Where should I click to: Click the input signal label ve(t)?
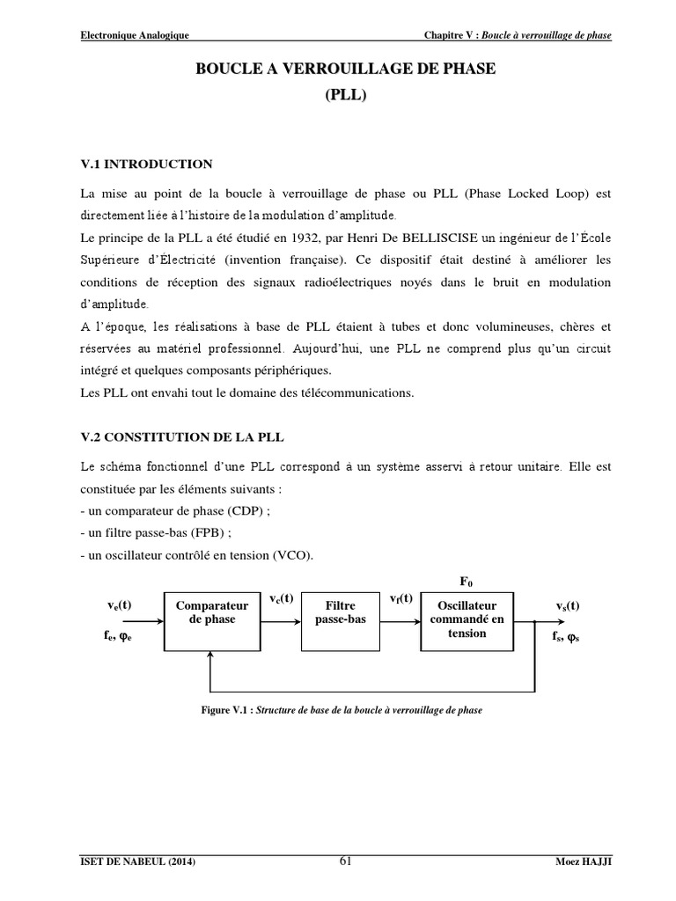pyautogui.click(x=119, y=605)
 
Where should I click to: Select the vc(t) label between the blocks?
pyautogui.click(x=281, y=598)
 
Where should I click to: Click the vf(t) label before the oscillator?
pyautogui.click(x=400, y=598)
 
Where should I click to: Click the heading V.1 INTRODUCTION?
pyautogui.click(x=146, y=164)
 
